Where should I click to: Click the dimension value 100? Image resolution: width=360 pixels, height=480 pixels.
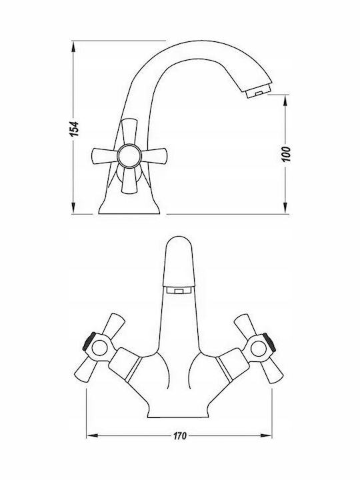point(285,154)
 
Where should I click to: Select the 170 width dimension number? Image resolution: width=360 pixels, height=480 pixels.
point(180,435)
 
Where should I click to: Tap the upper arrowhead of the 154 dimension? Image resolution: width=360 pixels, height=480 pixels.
point(73,48)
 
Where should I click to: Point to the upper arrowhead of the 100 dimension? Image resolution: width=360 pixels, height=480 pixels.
point(285,101)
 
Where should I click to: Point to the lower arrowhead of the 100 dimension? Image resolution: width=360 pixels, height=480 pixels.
point(285,207)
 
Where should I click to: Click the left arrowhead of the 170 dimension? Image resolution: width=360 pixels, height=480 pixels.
point(93,435)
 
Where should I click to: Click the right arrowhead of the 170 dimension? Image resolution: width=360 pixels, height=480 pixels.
point(266,435)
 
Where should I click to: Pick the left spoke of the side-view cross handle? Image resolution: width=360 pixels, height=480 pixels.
point(105,156)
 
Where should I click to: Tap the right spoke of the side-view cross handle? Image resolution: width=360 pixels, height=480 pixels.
point(154,156)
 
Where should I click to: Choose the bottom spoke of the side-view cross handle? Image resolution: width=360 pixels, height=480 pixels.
point(129,180)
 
